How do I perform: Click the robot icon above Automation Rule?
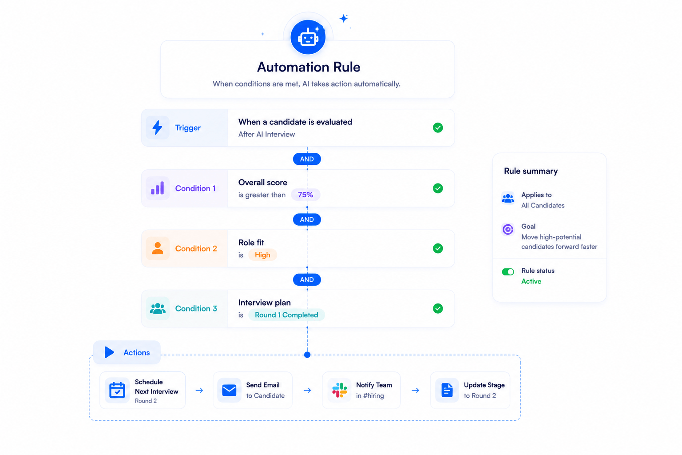coord(308,37)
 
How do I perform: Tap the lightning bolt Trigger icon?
coord(157,128)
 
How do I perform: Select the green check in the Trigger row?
coord(438,128)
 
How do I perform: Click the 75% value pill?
coord(305,195)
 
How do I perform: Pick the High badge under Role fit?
coord(262,255)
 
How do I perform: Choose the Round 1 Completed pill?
coord(286,315)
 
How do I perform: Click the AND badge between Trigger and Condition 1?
coord(307,159)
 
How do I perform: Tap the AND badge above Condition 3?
coord(307,280)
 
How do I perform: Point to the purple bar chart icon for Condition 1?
coord(158,188)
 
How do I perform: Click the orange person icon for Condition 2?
coord(158,248)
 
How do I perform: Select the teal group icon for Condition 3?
coord(158,308)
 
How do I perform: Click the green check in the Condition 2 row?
coord(438,248)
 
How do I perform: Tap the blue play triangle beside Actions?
coord(109,352)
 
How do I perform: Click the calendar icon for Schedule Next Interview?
coord(117,390)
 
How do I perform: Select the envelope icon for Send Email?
coord(229,390)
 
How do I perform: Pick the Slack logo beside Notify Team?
coord(340,390)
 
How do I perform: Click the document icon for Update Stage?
coord(447,390)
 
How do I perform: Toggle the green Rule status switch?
coord(508,271)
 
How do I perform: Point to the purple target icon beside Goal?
coord(508,229)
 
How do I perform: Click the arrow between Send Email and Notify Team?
coord(307,391)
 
